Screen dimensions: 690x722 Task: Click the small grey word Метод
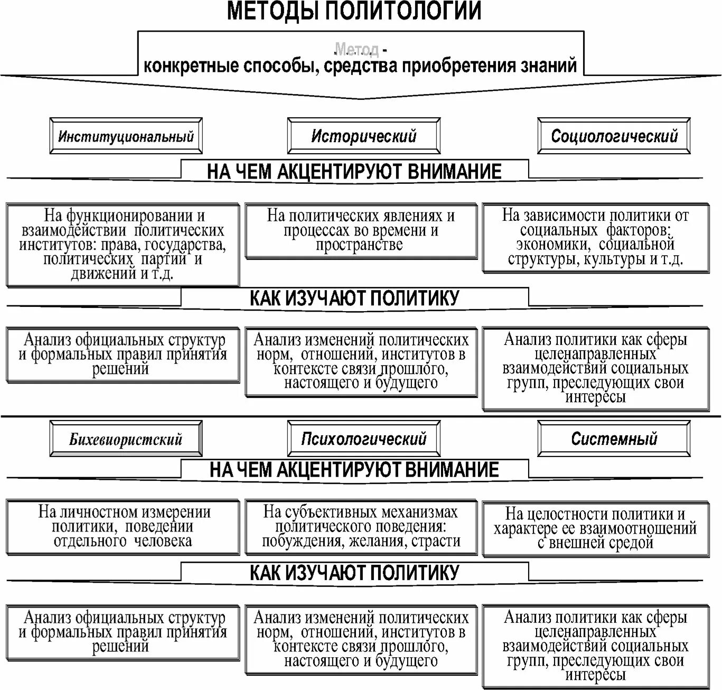tap(357, 50)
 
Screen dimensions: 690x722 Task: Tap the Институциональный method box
tap(126, 136)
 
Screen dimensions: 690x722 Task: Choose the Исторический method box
tap(363, 136)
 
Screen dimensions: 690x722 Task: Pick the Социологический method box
tap(614, 136)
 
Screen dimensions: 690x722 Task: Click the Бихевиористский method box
tap(126, 439)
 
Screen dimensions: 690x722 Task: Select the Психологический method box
tap(363, 439)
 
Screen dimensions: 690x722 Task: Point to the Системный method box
tap(614, 439)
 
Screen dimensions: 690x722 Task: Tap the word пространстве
tap(359, 245)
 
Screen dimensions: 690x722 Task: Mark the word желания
tap(377, 541)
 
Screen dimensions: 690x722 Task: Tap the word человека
tap(163, 541)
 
